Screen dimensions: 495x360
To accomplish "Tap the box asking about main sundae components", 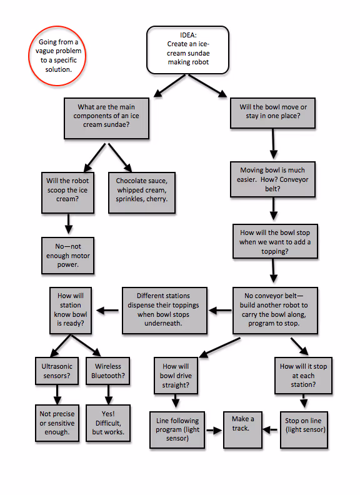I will pos(107,117).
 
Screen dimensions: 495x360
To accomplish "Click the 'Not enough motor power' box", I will pos(68,254).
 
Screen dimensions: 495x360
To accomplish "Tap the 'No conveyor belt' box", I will pos(276,310).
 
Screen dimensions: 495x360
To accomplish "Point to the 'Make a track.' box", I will pos(242,429).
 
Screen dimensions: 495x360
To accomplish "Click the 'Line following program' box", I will pos(179,429).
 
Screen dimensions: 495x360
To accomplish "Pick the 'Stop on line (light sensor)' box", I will pos(303,429).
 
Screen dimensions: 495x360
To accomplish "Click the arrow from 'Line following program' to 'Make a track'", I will pos(215,430).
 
